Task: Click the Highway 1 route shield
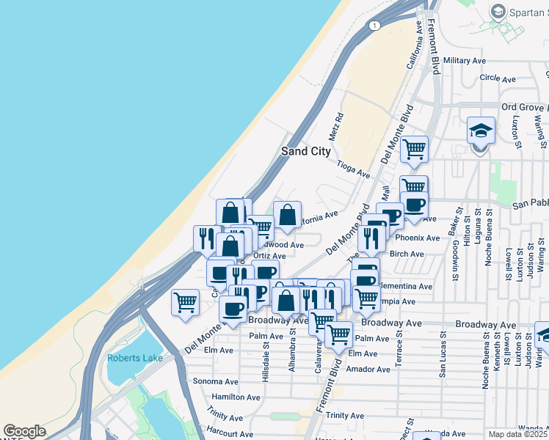tap(375, 26)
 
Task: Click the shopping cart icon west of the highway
tap(185, 301)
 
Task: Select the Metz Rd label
tap(337, 127)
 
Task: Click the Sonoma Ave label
tap(215, 381)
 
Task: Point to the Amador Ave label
tap(371, 370)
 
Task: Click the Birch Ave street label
tap(407, 254)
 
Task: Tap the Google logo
tap(24, 432)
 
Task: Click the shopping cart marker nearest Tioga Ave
tap(414, 149)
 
